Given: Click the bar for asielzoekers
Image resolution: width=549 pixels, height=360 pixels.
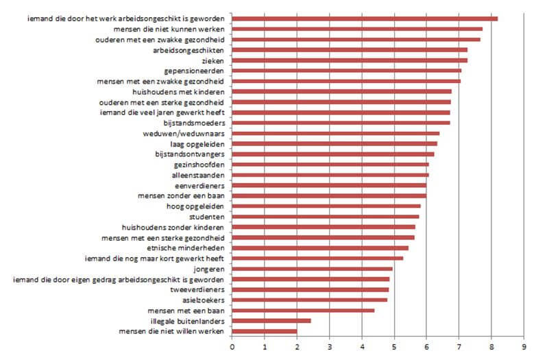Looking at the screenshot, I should (x=310, y=300).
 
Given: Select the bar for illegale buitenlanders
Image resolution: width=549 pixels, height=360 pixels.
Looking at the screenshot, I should (x=271, y=320).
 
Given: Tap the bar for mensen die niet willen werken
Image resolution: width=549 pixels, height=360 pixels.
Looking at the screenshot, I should (x=265, y=331).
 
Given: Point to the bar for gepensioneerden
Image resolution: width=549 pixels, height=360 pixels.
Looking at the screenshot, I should (x=347, y=71).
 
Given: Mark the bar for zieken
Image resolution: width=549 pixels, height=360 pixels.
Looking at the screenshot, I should (x=350, y=60).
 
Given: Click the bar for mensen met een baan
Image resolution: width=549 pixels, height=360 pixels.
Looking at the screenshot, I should (x=303, y=310).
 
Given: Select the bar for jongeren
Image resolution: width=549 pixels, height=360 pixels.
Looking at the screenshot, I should (x=313, y=269).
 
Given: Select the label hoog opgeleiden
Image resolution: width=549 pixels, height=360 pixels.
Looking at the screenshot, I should (x=197, y=206).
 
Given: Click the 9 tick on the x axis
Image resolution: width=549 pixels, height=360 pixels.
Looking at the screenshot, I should (x=524, y=346).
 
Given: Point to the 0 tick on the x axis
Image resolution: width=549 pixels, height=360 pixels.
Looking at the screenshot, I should (x=232, y=346).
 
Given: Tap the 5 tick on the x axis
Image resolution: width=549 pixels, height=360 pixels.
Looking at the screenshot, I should (x=395, y=346).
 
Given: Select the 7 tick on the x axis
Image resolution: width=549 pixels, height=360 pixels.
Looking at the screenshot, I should (x=459, y=346).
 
